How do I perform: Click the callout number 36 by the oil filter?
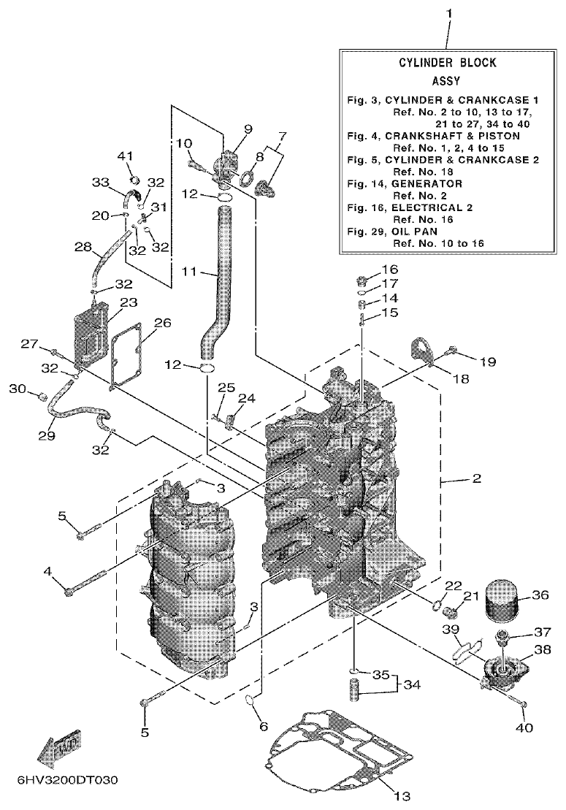[x=540, y=595]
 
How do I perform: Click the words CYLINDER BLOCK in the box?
[x=448, y=63]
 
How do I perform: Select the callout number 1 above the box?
[x=448, y=14]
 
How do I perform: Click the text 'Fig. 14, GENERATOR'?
[x=405, y=183]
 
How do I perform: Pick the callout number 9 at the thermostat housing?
[x=227, y=129]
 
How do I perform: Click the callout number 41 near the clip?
[x=126, y=156]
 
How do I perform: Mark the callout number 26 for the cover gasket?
[x=162, y=322]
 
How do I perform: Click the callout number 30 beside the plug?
[x=16, y=389]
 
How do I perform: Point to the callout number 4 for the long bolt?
[x=47, y=571]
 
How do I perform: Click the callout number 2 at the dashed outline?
[x=476, y=479]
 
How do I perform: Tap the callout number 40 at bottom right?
[x=525, y=727]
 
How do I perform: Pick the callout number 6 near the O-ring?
[x=264, y=727]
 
